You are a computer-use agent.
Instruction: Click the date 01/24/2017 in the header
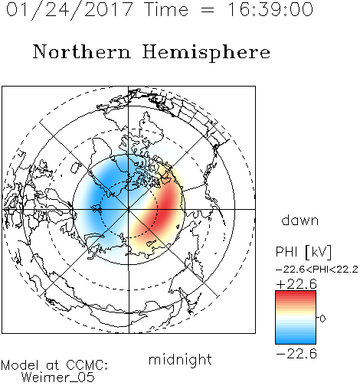[x=69, y=10]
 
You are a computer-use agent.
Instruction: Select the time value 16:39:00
[x=270, y=10]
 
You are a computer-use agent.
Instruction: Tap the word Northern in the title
[x=82, y=52]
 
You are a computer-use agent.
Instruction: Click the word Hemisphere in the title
[x=206, y=53]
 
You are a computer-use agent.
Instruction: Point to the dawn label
[x=300, y=221]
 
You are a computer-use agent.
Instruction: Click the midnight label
[x=180, y=360]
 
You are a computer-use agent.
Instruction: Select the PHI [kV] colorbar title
[x=303, y=252]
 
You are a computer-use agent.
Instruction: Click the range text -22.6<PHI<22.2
[x=317, y=270]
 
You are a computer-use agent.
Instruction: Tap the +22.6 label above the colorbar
[x=296, y=284]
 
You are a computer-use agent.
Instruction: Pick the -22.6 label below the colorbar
[x=296, y=354]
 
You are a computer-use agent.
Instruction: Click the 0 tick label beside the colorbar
[x=322, y=319]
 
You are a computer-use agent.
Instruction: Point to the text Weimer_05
[x=58, y=378]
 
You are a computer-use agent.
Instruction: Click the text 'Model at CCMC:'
[x=54, y=365]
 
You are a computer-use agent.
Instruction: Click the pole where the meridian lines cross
[x=129, y=209]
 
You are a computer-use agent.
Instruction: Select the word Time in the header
[x=166, y=10]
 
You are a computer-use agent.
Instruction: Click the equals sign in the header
[x=207, y=11]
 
